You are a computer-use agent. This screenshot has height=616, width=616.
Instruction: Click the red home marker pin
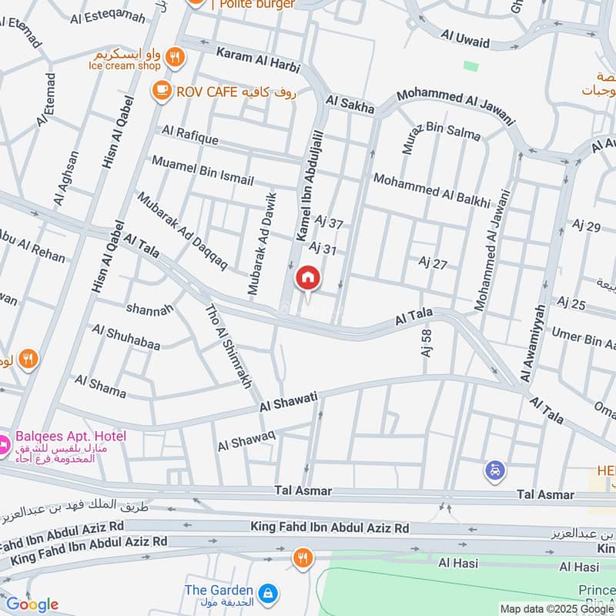(308, 278)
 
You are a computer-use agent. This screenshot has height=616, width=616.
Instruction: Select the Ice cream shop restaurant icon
(176, 56)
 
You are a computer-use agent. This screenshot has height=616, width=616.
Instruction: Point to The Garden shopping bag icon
(268, 594)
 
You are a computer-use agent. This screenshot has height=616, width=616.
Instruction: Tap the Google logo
(32, 604)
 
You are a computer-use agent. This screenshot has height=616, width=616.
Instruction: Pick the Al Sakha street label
(350, 105)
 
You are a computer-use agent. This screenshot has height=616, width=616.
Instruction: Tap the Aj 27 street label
(433, 264)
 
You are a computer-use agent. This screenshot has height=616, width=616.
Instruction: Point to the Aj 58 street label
(426, 343)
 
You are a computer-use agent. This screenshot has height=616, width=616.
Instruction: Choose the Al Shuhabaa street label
(126, 338)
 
